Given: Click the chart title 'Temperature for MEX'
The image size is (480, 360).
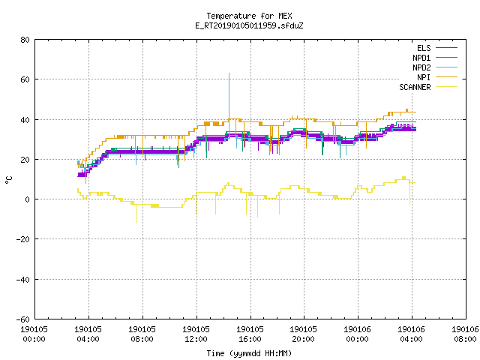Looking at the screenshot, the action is [x=249, y=16].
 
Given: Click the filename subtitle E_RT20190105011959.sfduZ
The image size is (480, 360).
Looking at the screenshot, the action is [x=249, y=25].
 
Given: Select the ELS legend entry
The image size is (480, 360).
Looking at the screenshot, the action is [x=437, y=48].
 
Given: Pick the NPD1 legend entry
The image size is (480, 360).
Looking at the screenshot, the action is [x=435, y=58].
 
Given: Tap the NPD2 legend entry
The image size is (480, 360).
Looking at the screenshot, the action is [x=435, y=67].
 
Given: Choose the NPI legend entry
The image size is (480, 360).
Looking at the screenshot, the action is [x=437, y=77].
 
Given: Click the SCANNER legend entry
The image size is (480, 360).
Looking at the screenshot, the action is [x=428, y=87].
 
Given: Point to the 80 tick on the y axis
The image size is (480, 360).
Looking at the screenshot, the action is [x=25, y=40].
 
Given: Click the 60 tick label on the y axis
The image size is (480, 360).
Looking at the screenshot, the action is [x=25, y=79].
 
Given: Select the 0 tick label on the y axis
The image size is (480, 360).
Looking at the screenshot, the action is [x=27, y=199].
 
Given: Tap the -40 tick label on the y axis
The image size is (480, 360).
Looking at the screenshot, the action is [x=23, y=280].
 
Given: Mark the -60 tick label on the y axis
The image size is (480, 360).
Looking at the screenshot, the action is [x=23, y=319].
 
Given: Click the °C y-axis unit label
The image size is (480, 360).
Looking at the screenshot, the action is [x=9, y=180].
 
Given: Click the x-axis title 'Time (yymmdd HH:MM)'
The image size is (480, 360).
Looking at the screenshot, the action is [x=249, y=353].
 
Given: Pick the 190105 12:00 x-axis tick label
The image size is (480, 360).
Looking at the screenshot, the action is [x=196, y=334].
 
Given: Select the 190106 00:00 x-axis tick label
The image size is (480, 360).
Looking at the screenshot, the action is [x=358, y=334].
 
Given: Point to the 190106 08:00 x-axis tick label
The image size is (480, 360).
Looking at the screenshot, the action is [x=465, y=334].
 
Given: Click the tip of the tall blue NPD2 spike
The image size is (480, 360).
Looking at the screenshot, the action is [x=229, y=73].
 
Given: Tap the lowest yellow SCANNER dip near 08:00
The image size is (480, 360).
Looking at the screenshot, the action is [x=136, y=223].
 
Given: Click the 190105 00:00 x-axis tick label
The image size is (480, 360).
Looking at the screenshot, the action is [x=34, y=334].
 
